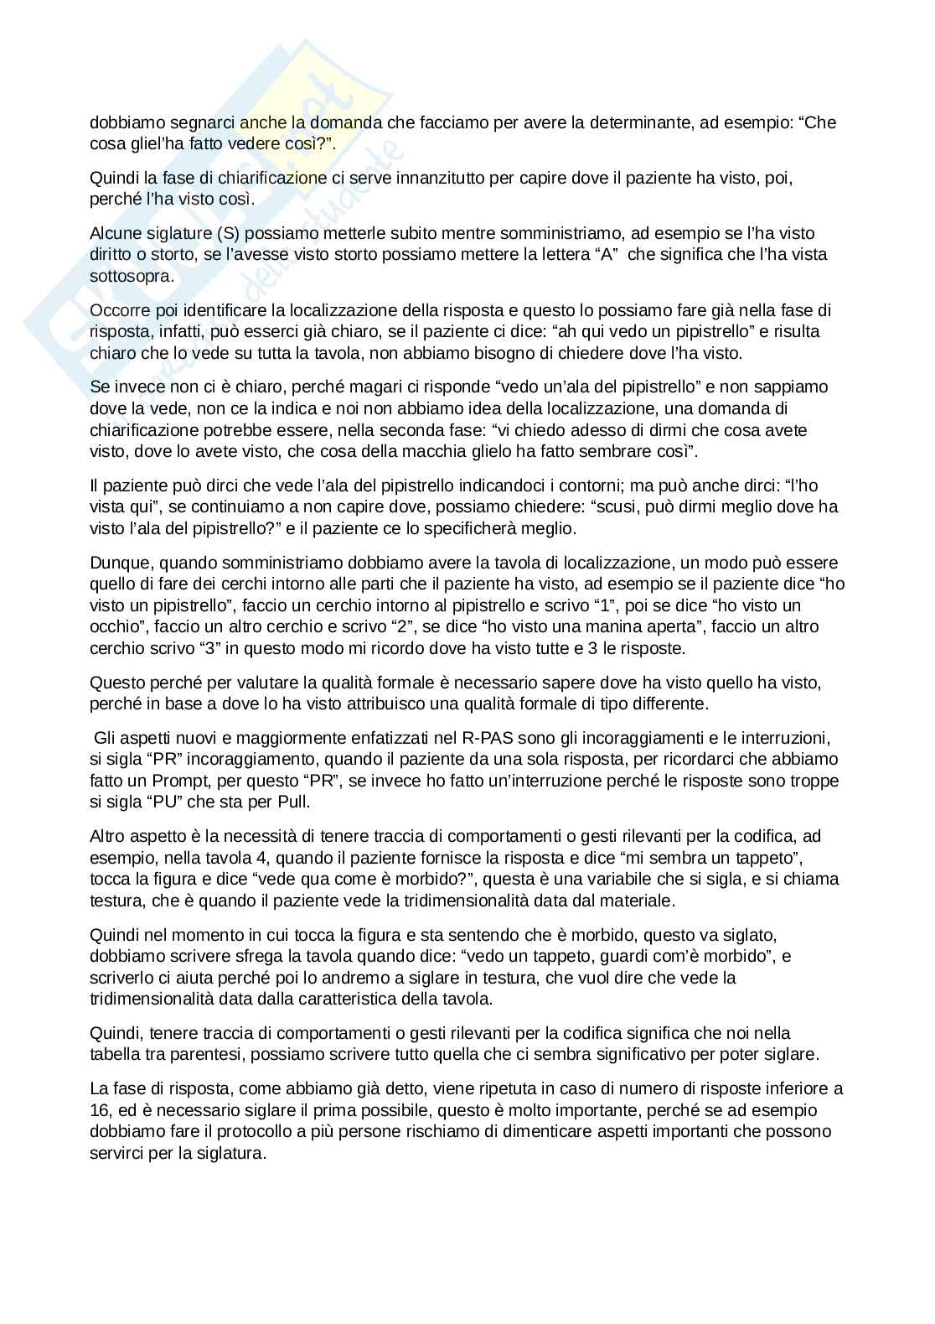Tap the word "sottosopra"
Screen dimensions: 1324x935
(130, 276)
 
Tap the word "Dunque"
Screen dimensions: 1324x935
(117, 563)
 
